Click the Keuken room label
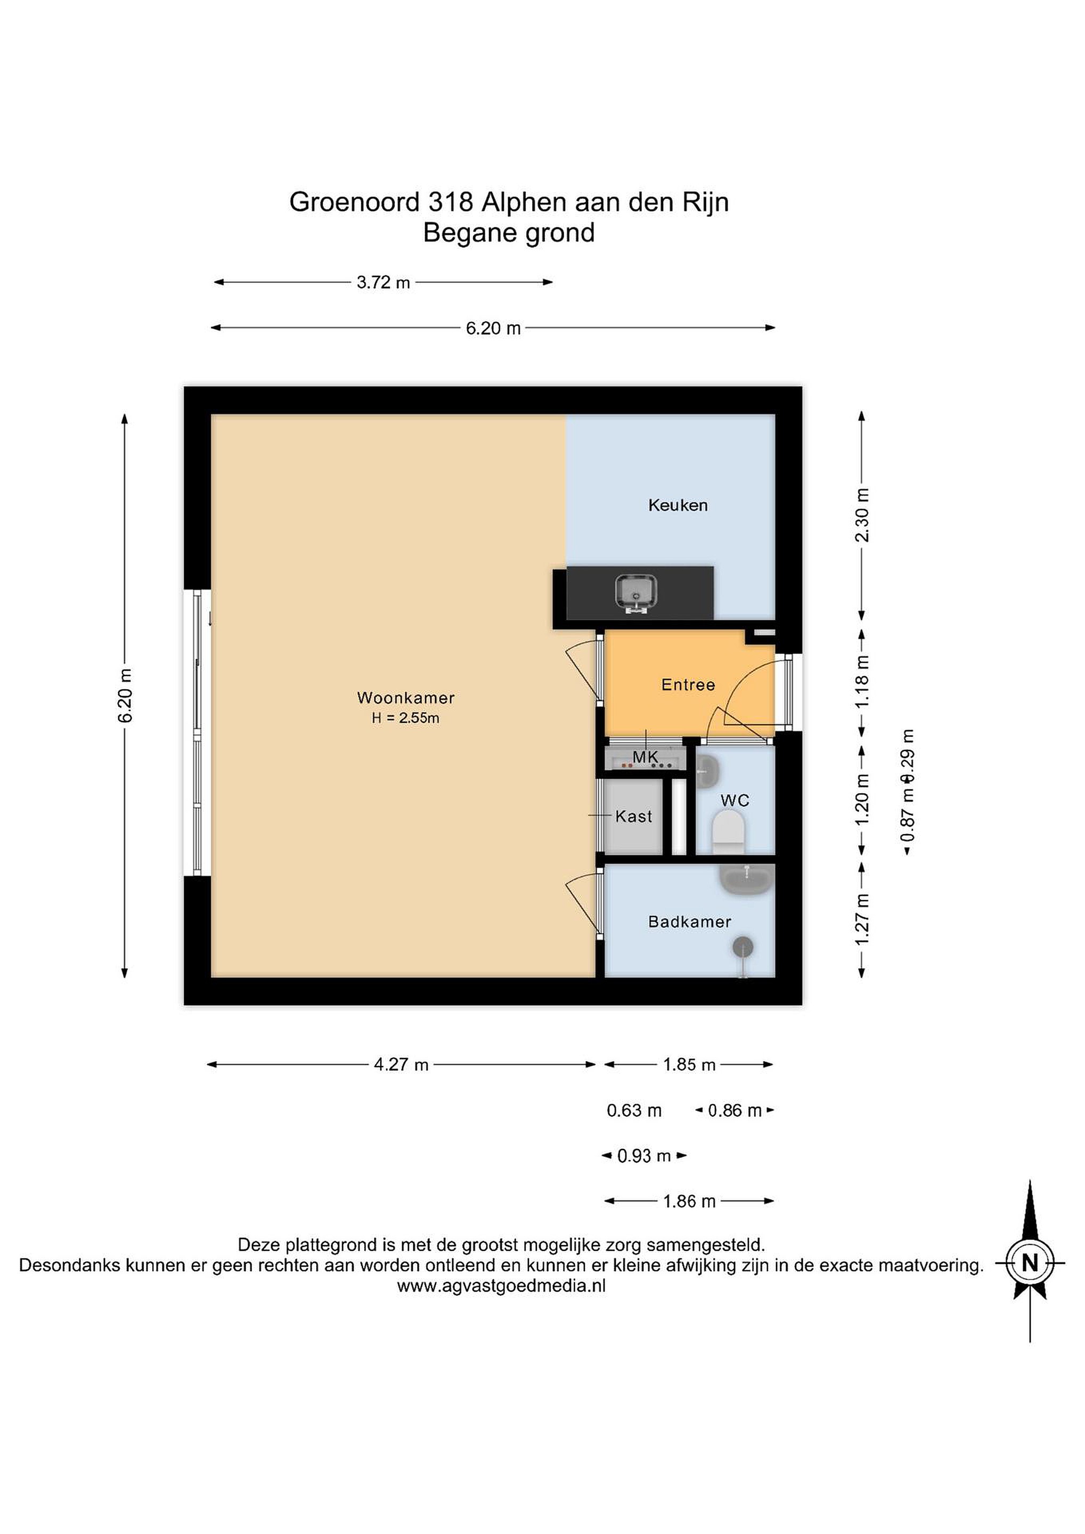click(x=678, y=505)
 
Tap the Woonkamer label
click(x=405, y=698)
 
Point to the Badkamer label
click(x=689, y=922)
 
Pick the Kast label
click(x=633, y=816)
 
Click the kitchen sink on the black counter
click(x=635, y=593)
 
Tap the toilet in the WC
click(x=728, y=833)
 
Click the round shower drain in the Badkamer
click(x=743, y=946)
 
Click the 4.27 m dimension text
click(x=401, y=1064)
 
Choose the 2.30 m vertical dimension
click(x=862, y=515)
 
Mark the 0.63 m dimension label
click(x=634, y=1111)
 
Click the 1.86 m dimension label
click(x=689, y=1201)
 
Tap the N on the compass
click(x=1030, y=1263)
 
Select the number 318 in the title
click(x=451, y=202)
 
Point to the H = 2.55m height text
click(x=405, y=718)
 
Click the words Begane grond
click(x=509, y=233)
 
